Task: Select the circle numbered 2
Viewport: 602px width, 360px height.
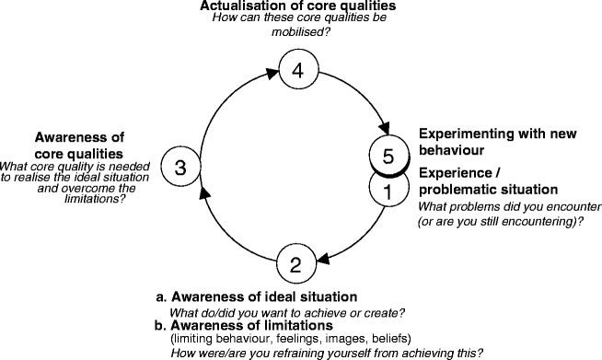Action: (x=295, y=266)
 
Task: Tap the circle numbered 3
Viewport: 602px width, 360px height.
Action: (x=180, y=167)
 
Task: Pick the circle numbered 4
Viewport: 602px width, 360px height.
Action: (x=295, y=70)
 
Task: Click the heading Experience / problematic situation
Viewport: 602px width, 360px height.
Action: (x=478, y=181)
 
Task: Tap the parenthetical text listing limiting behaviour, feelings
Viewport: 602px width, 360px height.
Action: (x=291, y=338)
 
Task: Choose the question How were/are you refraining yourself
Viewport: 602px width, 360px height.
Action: (x=327, y=351)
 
